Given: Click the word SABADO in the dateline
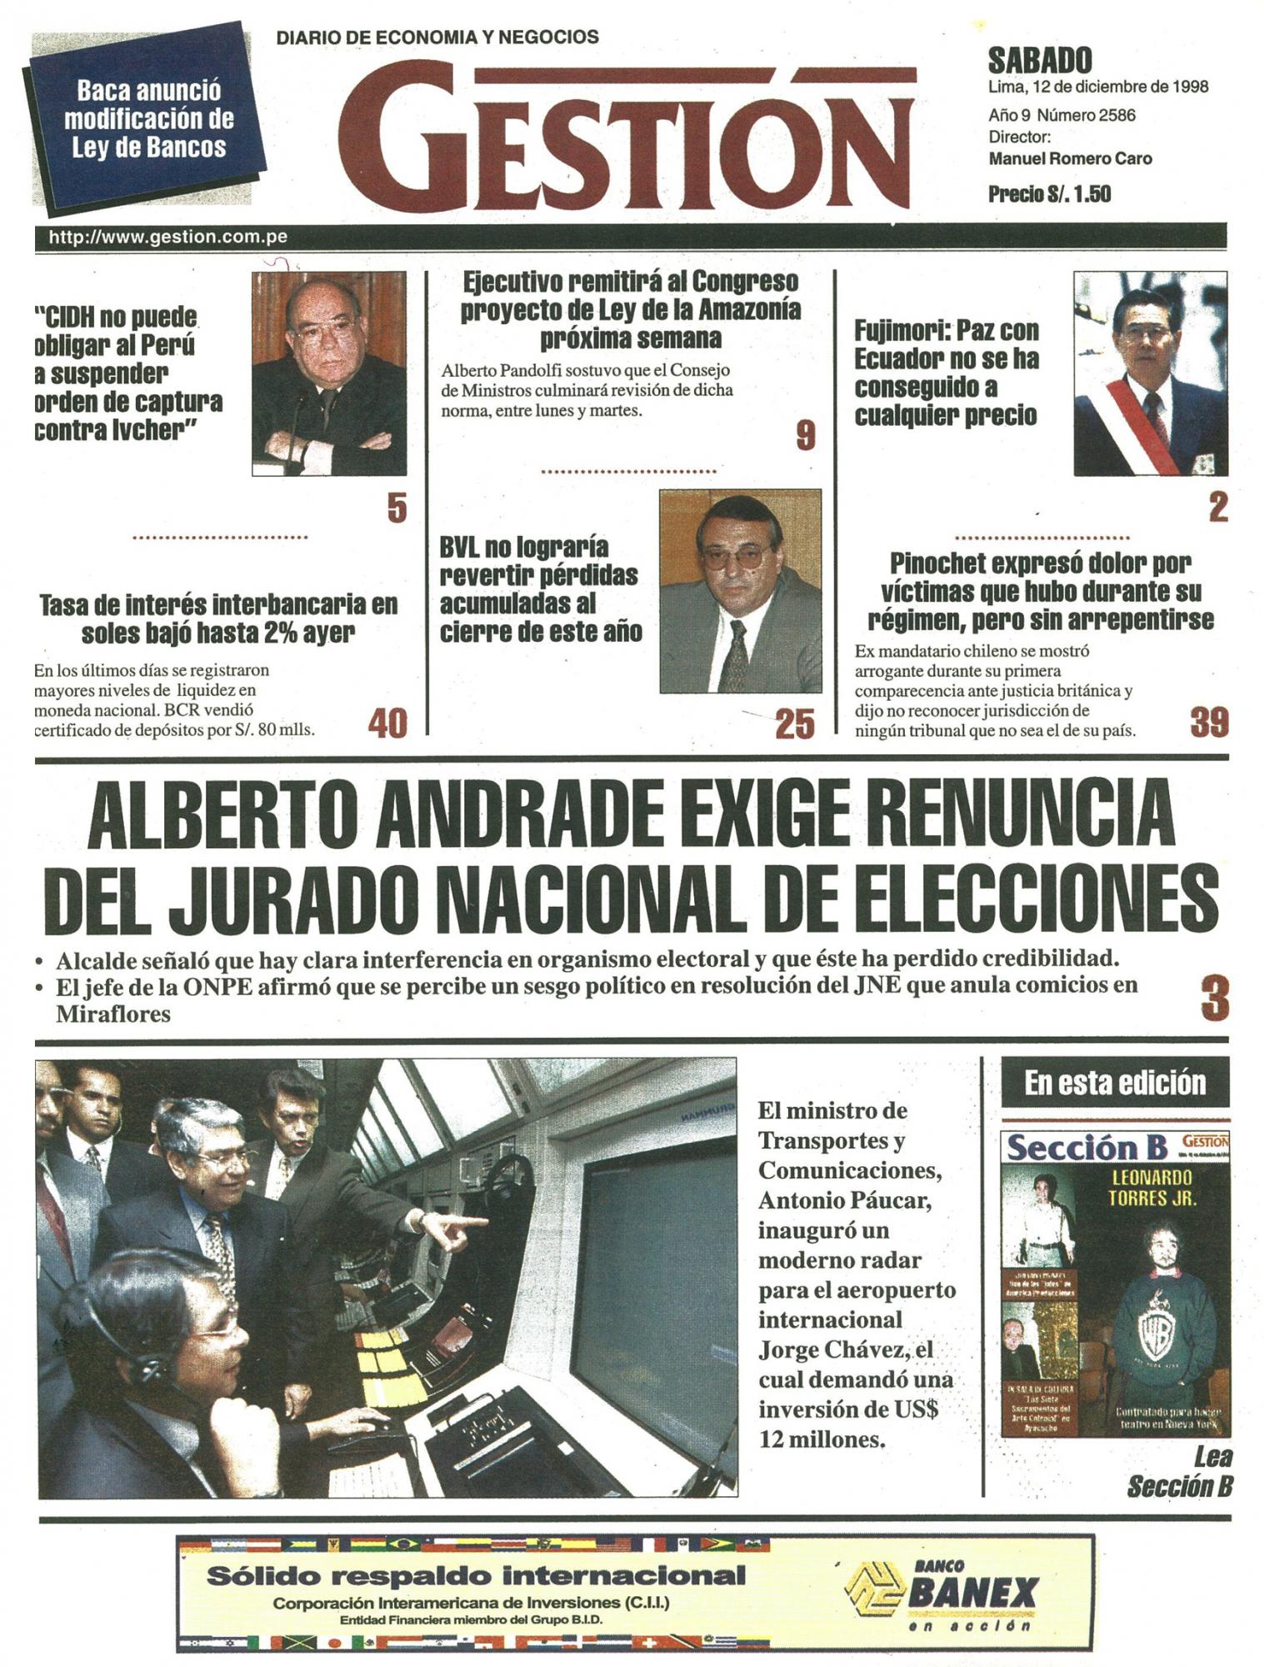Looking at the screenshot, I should (1039, 61).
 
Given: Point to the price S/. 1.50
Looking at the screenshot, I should (1049, 194).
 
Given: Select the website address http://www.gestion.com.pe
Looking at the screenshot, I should (168, 237).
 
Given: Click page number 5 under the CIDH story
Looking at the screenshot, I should (397, 508).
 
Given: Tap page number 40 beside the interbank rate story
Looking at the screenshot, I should (387, 723).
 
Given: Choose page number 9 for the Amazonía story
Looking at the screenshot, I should (805, 435).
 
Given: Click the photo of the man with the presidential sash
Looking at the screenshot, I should (1150, 373).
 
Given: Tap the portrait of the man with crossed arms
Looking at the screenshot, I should (329, 373).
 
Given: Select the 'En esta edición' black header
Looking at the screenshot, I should (1114, 1083).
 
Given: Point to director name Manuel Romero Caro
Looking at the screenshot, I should (1070, 158).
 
